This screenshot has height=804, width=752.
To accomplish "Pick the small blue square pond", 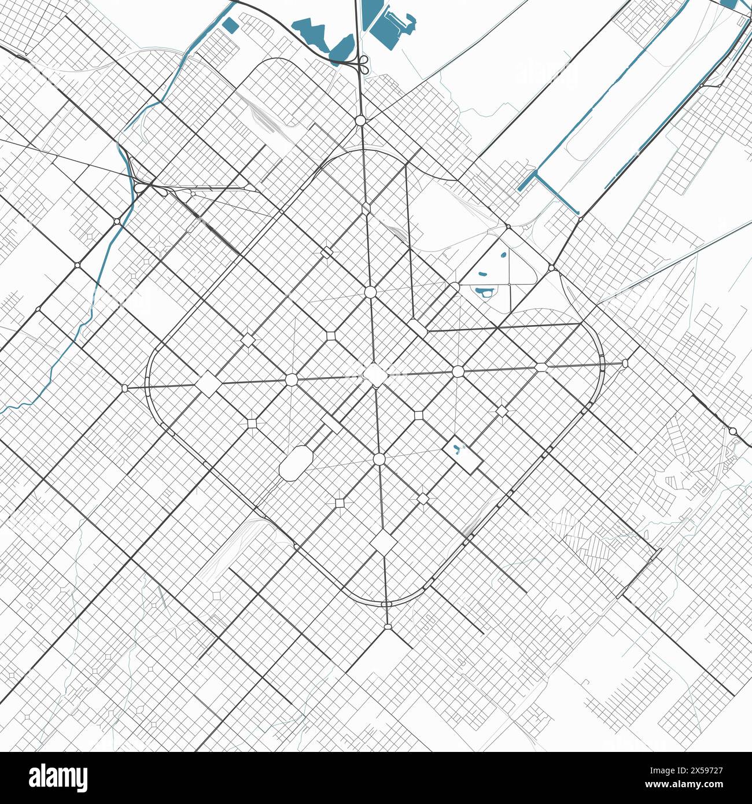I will pyautogui.click(x=230, y=25).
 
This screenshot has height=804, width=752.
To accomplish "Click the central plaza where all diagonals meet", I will pyautogui.click(x=375, y=374).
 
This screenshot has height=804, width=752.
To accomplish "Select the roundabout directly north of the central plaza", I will pyautogui.click(x=370, y=292).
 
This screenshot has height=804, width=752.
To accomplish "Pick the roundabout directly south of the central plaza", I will pyautogui.click(x=379, y=459).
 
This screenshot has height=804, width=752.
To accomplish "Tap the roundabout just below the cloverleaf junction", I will pyautogui.click(x=361, y=120).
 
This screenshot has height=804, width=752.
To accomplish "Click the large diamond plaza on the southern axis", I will pyautogui.click(x=383, y=543).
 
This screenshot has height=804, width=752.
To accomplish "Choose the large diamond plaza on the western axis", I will pyautogui.click(x=207, y=385).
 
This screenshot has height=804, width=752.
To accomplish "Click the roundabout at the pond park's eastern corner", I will pyautogui.click(x=552, y=268).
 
